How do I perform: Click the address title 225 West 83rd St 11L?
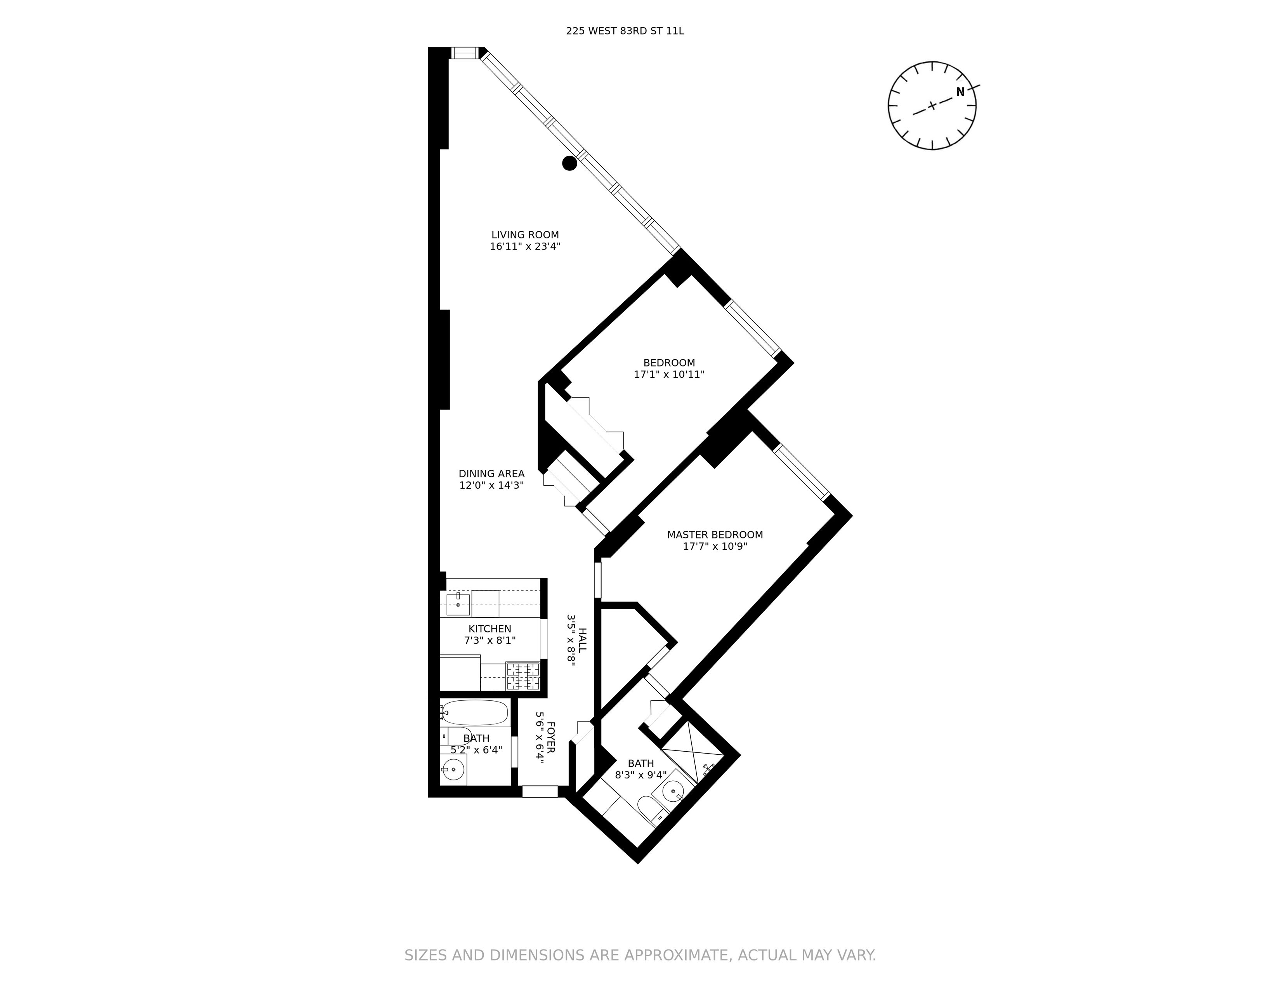coord(625,31)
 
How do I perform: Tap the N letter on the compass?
coord(960,92)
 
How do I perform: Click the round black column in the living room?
coord(569,163)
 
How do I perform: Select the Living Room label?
coord(525,234)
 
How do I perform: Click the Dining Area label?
coord(491,473)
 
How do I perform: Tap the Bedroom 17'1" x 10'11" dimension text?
coord(669,374)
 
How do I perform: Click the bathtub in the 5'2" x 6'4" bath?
coord(474,712)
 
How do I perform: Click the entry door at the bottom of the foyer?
coord(540,792)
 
